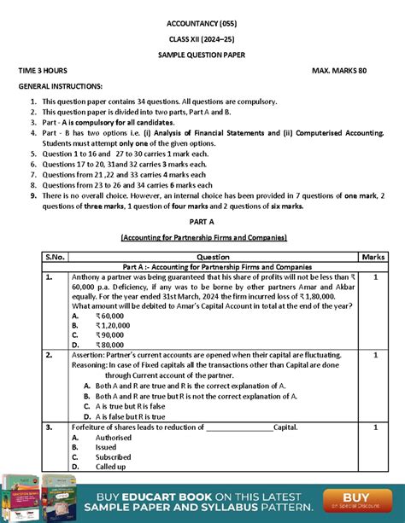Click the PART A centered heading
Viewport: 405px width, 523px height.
point(202,221)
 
